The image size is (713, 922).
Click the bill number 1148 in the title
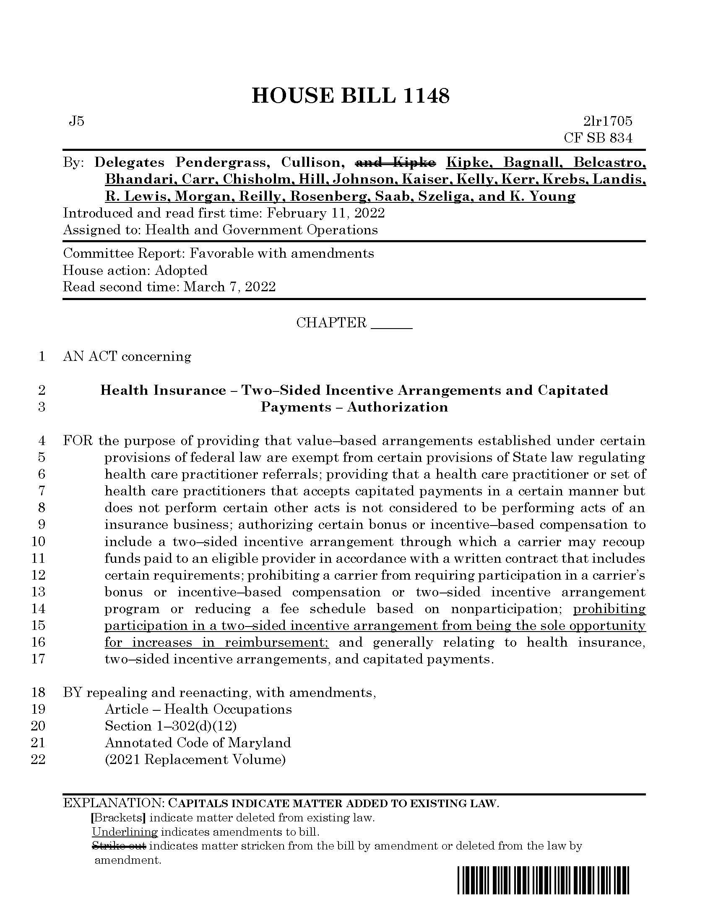[426, 96]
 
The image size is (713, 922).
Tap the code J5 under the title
[76, 122]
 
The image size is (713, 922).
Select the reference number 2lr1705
[608, 122]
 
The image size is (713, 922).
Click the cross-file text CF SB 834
[598, 138]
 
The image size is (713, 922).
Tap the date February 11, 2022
[325, 213]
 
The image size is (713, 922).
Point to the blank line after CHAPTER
[391, 324]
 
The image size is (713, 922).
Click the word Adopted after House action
[181, 271]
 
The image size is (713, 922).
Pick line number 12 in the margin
[39, 575]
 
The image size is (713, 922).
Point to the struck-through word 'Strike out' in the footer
[119, 846]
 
